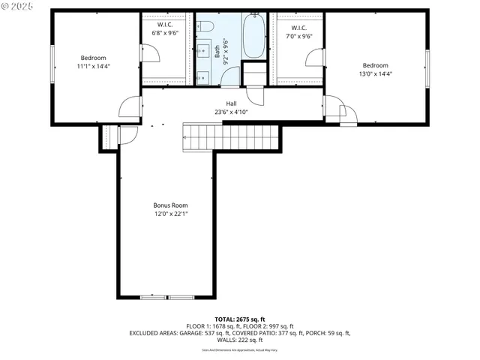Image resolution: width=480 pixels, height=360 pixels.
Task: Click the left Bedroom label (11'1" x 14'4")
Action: (x=94, y=62)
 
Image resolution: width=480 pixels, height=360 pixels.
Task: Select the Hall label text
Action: (x=232, y=108)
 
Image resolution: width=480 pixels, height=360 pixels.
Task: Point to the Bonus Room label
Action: (x=170, y=209)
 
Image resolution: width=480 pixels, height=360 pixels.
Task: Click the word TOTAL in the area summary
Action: (x=227, y=319)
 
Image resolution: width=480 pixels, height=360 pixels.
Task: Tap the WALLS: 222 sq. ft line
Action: (x=239, y=339)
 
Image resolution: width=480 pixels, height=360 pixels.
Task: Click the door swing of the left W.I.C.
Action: (x=150, y=55)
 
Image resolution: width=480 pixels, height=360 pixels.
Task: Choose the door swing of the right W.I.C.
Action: (x=314, y=58)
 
